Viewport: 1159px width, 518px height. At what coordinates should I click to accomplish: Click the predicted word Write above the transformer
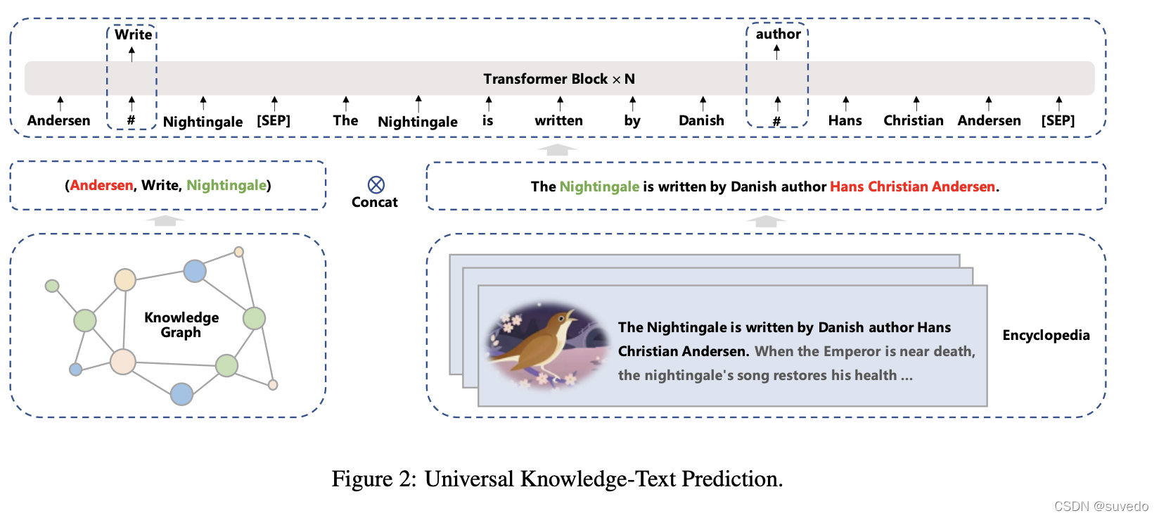[133, 34]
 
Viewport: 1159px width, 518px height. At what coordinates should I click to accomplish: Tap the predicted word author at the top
[778, 34]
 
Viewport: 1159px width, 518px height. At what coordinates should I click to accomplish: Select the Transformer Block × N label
[559, 79]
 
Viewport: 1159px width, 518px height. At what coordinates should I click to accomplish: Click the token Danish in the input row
[701, 120]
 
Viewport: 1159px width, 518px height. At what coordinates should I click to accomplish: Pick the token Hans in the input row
[845, 120]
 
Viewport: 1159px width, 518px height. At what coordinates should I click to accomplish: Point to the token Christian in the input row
[913, 120]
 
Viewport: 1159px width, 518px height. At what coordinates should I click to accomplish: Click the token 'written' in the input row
[558, 120]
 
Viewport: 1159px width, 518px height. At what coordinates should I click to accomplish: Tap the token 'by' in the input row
[632, 120]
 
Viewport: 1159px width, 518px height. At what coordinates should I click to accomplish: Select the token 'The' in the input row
[345, 120]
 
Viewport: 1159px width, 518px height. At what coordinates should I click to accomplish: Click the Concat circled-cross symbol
[376, 184]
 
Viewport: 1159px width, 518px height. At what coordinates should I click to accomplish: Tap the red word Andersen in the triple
[102, 185]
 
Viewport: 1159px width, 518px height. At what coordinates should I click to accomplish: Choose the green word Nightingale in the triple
[226, 185]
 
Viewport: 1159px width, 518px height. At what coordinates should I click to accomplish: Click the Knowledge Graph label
[181, 324]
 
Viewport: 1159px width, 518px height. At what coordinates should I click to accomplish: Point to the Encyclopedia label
[1046, 335]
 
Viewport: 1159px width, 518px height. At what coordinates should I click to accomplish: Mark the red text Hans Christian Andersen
[912, 187]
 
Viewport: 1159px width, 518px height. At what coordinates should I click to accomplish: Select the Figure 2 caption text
[557, 479]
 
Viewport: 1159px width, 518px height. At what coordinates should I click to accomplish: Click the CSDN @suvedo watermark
[1101, 506]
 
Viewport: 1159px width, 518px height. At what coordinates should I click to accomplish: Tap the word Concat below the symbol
[374, 202]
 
